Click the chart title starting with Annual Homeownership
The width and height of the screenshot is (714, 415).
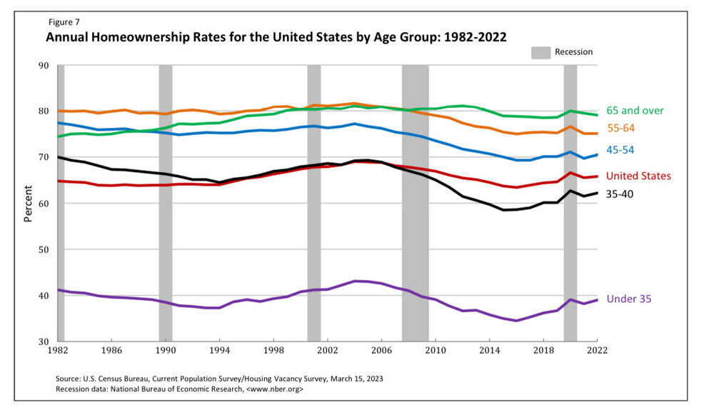click(276, 37)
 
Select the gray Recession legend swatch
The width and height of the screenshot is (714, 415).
click(540, 52)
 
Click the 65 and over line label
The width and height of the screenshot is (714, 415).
click(635, 111)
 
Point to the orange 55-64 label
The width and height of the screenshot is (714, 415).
click(620, 128)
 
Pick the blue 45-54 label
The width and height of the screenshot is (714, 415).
click(620, 150)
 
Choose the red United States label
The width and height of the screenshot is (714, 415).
click(638, 176)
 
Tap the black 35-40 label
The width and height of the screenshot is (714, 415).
click(620, 194)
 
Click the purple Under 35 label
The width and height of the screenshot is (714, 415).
click(628, 299)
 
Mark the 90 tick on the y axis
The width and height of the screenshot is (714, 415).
click(44, 66)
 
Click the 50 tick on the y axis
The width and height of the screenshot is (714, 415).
click(44, 250)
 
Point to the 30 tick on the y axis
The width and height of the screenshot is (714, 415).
click(44, 341)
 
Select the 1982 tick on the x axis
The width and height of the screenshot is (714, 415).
click(57, 351)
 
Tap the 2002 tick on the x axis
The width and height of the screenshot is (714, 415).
click(328, 351)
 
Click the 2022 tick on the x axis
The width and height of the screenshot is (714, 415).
click(598, 351)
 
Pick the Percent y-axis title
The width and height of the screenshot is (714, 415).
click(29, 204)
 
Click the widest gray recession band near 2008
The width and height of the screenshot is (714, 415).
click(415, 204)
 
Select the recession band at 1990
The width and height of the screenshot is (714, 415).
click(165, 204)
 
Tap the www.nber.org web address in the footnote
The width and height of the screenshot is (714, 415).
click(276, 389)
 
